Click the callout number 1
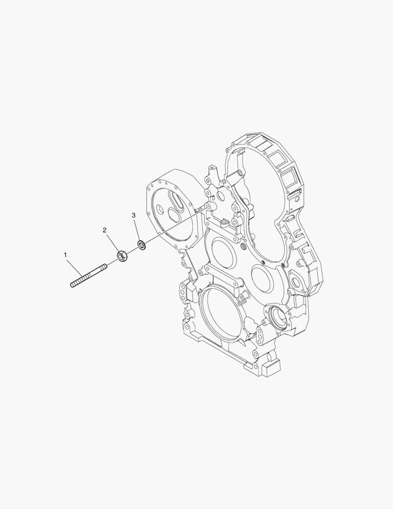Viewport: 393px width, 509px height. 65,255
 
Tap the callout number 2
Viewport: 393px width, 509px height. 105,230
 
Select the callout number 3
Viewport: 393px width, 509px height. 134,215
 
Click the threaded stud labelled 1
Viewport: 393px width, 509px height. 88,276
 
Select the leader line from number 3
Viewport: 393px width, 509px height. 137,229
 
